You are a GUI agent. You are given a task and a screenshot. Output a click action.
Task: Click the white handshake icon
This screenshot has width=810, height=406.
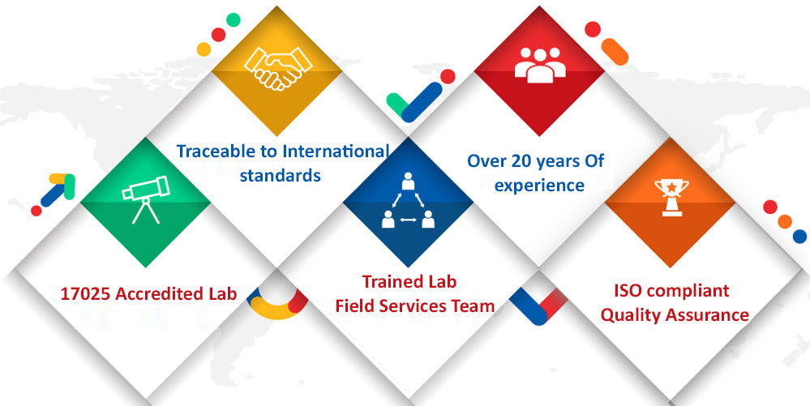tap(278, 67)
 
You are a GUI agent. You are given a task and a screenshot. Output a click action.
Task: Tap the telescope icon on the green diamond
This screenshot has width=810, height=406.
tap(145, 199)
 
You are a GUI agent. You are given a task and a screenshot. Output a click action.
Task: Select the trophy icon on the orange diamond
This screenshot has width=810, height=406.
tap(671, 196)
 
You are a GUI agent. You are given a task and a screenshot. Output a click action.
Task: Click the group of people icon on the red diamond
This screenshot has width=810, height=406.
tap(540, 65)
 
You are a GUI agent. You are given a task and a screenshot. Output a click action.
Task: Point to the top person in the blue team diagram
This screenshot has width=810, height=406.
tap(408, 182)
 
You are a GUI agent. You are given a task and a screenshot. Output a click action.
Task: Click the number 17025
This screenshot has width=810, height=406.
tap(85, 294)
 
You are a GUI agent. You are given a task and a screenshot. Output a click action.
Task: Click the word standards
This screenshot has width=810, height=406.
tap(281, 175)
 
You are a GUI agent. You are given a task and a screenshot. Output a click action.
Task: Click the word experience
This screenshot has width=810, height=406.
tap(539, 185)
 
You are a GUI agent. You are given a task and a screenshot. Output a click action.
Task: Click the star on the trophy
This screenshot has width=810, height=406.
tap(671, 185)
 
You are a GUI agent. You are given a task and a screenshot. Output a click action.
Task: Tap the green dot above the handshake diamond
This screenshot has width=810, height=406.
tap(233, 19)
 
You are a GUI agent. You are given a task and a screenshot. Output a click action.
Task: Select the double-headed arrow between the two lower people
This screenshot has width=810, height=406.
tap(408, 221)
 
